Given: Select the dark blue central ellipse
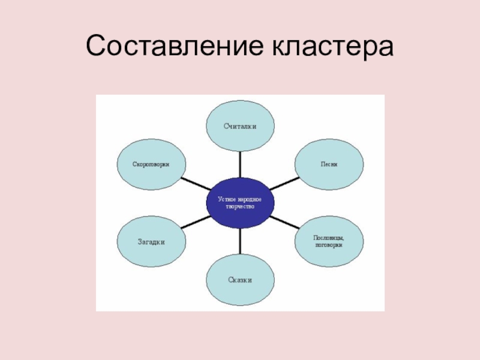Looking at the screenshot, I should coord(240,202).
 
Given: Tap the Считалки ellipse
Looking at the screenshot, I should coord(240,125).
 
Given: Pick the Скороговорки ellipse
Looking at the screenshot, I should coord(151,164).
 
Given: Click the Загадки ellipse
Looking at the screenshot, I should coord(151,241).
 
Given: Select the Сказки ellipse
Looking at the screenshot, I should coord(240,280).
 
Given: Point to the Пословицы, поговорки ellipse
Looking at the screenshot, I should coord(329,241).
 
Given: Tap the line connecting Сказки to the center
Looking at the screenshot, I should coord(240,242).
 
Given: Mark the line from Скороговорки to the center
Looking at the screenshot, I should coord(194,182).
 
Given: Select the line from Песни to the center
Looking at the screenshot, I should coord(286,182).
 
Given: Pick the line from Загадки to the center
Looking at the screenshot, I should coord(194,222).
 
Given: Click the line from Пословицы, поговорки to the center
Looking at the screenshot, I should coord(286,222).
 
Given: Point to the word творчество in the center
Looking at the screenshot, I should coord(240,206).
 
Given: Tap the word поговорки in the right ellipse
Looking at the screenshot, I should coord(329,245).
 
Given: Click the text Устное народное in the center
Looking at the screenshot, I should coord(240,199).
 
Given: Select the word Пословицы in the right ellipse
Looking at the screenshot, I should coord(329,238).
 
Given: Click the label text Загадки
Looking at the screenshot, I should coord(151,241).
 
